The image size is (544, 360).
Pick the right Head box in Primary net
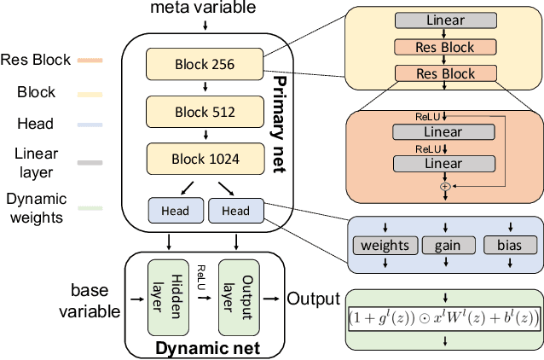(236, 211)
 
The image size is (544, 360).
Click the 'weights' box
(385, 246)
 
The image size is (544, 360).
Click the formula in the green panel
(443, 318)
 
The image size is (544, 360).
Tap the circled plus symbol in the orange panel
(443, 184)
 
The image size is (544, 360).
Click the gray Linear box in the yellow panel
(443, 19)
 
